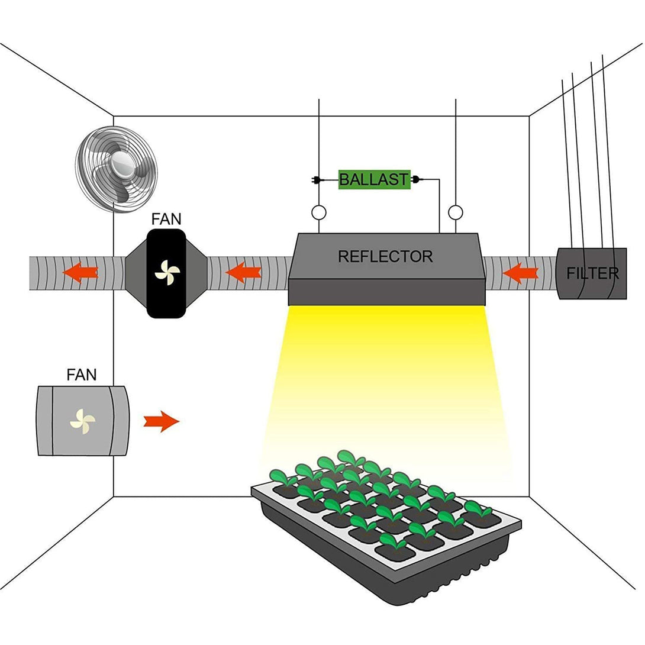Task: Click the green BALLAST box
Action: [x=375, y=179]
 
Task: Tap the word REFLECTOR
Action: [x=385, y=256]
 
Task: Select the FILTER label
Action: [x=592, y=273]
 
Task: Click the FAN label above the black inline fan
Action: [x=166, y=219]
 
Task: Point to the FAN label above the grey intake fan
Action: [x=82, y=375]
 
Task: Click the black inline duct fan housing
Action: [x=166, y=273]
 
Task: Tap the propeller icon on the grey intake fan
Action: [x=83, y=421]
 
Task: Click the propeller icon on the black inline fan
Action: [x=167, y=272]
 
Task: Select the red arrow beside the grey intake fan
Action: [x=161, y=421]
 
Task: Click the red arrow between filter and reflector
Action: [x=520, y=273]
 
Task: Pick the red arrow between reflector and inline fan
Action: [x=244, y=272]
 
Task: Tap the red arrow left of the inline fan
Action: [x=80, y=272]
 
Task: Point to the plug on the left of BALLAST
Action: [x=316, y=180]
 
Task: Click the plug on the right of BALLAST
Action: [x=415, y=179]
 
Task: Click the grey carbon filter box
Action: [x=591, y=273]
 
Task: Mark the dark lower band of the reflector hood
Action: [x=386, y=292]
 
